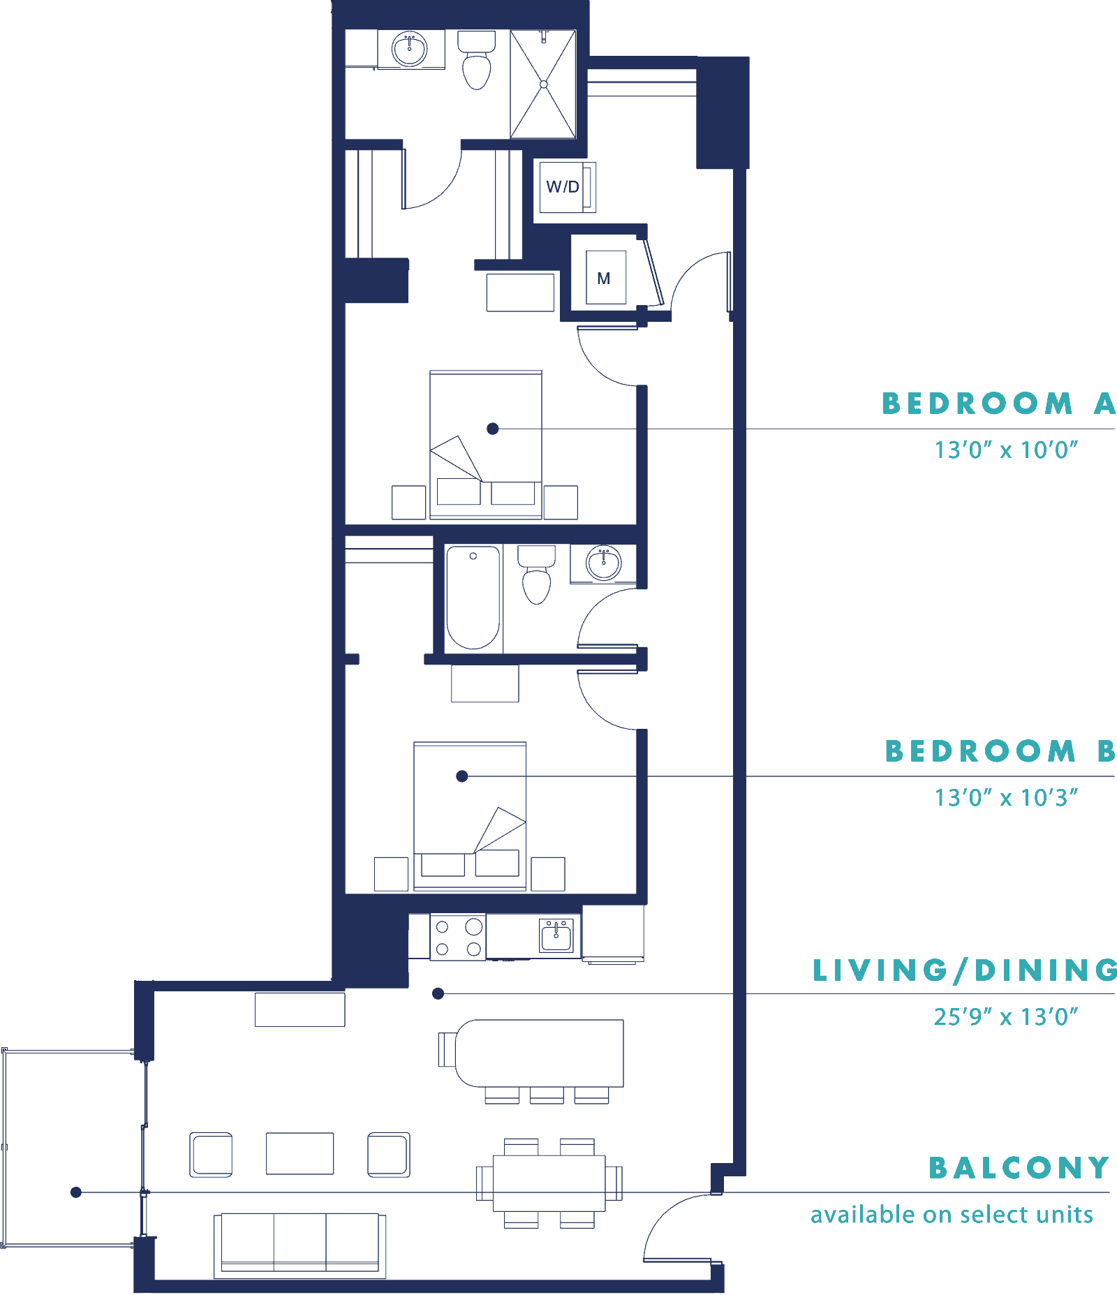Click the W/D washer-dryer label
point(563,187)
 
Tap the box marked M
point(605,278)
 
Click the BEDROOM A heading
point(999,404)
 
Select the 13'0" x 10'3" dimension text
point(1006,797)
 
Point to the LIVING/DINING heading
point(965,970)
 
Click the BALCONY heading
point(1019,1167)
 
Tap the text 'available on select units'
point(952,1215)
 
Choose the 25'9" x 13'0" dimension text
point(1006,1016)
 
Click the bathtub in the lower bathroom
point(473,598)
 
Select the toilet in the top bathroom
point(477,60)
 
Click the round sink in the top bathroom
point(409,49)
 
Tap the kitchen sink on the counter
point(556,935)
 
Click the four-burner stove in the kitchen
point(458,937)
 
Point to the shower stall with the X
point(543,84)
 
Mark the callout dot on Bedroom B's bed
point(462,776)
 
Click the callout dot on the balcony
point(76,1192)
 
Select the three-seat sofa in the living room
point(299,1245)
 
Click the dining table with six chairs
point(549,1183)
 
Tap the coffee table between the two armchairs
point(299,1154)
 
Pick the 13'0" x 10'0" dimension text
point(1006,450)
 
